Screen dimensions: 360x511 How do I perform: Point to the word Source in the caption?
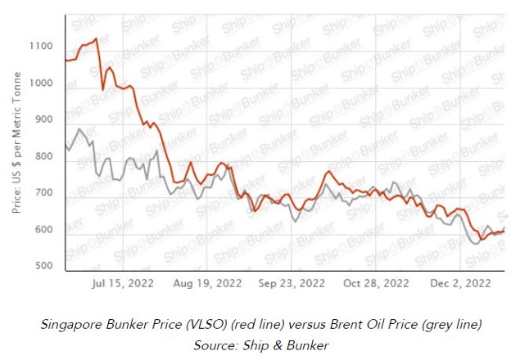(x=214, y=344)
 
